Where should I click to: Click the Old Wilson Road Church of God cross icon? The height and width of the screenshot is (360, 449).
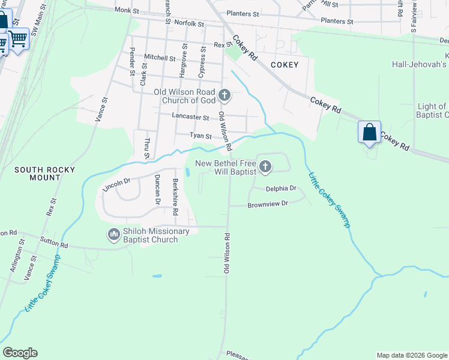coord(224,95)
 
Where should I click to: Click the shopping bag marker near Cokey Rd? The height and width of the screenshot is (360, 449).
coord(369,131)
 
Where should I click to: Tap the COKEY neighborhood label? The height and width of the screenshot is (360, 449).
coord(284,64)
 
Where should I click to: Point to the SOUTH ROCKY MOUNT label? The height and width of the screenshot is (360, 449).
coord(45,170)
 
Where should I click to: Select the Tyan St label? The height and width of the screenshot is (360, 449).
coord(201,136)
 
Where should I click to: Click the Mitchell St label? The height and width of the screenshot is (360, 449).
coord(160,58)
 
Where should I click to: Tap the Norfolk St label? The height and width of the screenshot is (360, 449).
coord(190,23)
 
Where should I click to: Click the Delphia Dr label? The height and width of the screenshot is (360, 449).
coord(282,188)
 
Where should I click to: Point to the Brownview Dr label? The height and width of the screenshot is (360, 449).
coord(268,203)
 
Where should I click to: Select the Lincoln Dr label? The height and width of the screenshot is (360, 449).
coord(116,184)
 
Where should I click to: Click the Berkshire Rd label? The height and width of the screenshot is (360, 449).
coord(176,197)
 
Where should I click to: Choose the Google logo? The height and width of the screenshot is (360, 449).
coord(20,353)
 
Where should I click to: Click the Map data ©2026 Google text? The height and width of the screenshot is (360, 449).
coord(411,355)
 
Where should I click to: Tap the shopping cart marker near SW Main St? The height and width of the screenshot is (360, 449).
coord(19,40)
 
